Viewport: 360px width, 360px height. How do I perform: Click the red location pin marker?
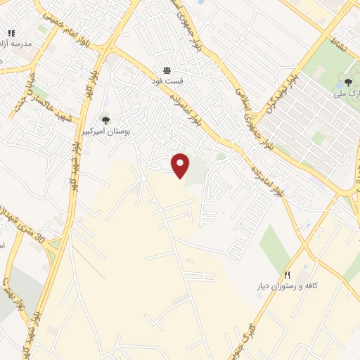(x=181, y=165)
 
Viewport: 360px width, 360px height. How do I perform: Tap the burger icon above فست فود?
(x=167, y=70)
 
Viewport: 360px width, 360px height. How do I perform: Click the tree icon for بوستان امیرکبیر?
(x=105, y=120)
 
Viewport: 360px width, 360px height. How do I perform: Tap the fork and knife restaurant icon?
(x=287, y=274)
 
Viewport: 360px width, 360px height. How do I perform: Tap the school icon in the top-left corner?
(x=11, y=33)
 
